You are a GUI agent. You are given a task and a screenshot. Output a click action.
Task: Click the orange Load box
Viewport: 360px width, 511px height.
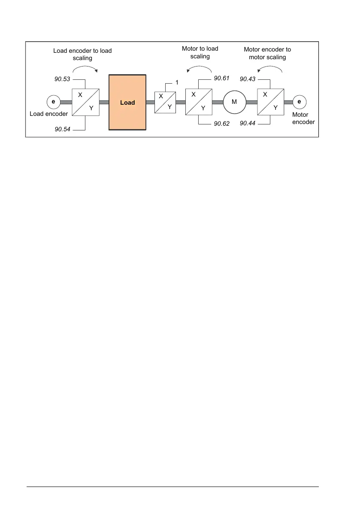127,103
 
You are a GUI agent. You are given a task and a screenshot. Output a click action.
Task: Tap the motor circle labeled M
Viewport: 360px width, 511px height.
234,102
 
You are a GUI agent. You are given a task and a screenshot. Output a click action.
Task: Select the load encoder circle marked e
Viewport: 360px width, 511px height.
53,102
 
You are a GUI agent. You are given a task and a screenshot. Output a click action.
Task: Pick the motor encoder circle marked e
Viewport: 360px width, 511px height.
299,102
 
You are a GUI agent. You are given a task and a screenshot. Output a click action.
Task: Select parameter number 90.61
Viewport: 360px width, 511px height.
222,79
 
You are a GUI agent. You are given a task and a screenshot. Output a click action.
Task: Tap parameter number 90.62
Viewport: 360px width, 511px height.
222,124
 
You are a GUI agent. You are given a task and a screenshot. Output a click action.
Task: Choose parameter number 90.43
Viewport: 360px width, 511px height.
248,79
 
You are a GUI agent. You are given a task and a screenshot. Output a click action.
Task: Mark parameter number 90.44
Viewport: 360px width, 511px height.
248,124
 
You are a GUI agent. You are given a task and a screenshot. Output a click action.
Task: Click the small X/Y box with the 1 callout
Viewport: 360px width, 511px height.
165,102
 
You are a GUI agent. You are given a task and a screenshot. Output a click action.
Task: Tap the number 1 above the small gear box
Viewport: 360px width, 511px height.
176,82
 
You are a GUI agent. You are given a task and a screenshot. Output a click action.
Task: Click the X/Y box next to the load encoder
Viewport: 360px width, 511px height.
86,102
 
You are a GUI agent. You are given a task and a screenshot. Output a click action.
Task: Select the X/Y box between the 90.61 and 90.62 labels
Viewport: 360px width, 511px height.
198,102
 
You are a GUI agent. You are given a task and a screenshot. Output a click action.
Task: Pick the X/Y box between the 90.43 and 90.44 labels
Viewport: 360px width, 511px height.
270,102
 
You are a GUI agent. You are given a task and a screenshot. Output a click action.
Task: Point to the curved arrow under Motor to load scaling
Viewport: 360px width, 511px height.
200,68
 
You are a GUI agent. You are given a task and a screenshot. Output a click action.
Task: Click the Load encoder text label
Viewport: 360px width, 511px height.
48,114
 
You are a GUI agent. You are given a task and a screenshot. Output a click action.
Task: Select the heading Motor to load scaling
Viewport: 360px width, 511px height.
200,52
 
